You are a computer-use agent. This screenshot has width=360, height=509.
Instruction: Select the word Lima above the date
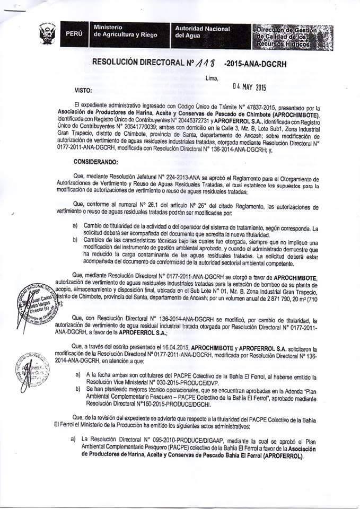pyautogui.click(x=210, y=78)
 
